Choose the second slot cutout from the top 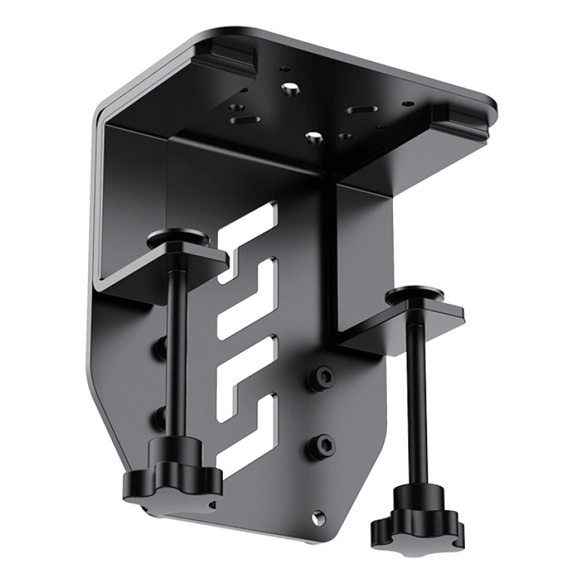coord(248,288)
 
